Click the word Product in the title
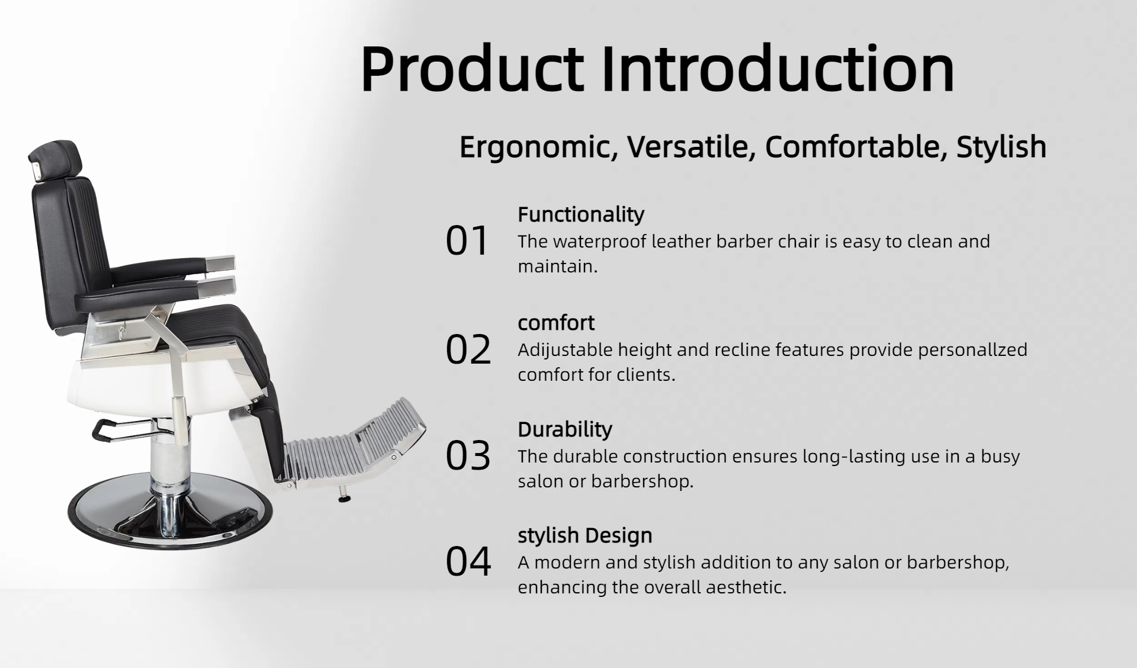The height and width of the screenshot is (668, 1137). tap(472, 69)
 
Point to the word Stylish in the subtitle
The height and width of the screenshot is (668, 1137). tap(1001, 147)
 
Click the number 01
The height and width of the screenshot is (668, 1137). tap(467, 241)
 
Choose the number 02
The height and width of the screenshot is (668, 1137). tap(468, 349)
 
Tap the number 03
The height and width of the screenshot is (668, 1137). tap(468, 455)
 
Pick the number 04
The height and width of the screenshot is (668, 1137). tap(468, 561)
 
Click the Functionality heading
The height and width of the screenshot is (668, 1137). tap(580, 214)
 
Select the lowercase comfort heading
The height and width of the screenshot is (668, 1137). tap(556, 323)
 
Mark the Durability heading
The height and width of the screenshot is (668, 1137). tap(565, 429)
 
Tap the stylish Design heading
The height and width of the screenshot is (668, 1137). tap(585, 535)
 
